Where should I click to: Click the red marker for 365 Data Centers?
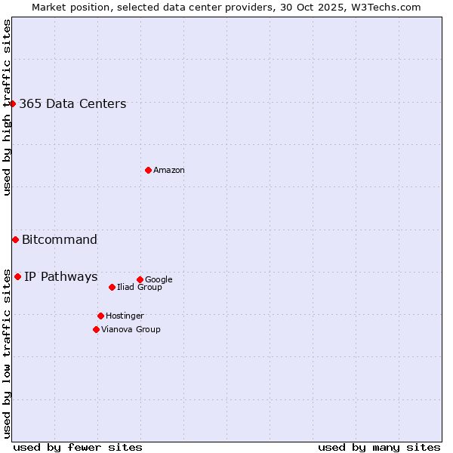(x=13, y=103)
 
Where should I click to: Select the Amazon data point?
(x=148, y=170)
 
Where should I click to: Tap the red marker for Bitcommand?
(x=15, y=239)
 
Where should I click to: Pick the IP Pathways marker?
(x=17, y=276)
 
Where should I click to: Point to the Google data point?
(x=140, y=279)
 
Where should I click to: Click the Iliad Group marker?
(x=112, y=287)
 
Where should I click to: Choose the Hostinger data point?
(x=100, y=316)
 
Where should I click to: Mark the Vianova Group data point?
(x=96, y=329)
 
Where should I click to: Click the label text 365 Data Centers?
(x=72, y=104)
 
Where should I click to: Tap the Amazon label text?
(x=169, y=171)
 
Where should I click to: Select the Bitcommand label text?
(x=60, y=240)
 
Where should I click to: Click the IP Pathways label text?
(x=61, y=277)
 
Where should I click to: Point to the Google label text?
(x=159, y=280)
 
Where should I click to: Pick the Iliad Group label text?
(x=140, y=288)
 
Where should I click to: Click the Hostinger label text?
(x=125, y=316)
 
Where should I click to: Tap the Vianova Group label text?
(x=131, y=330)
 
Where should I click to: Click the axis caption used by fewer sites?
(x=78, y=447)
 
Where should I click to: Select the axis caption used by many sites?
(x=379, y=447)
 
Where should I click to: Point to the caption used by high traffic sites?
(x=8, y=107)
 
